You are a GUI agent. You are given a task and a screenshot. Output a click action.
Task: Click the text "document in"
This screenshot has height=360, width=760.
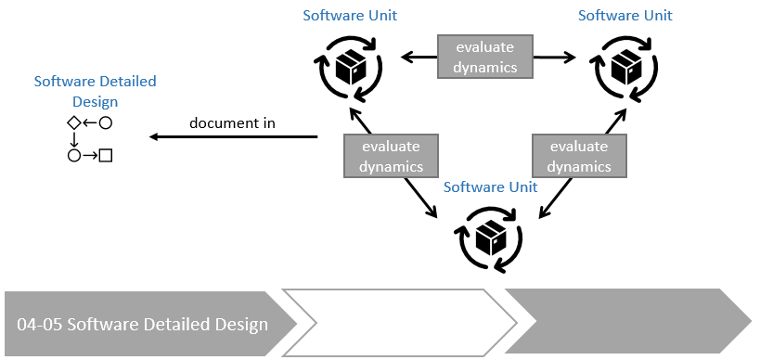[x=232, y=122]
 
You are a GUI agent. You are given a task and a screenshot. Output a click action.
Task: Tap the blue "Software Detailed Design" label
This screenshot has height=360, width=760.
[x=95, y=91]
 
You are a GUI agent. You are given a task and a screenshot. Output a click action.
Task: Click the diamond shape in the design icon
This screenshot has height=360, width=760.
[x=73, y=122]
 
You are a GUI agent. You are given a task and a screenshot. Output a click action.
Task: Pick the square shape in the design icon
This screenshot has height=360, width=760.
[x=106, y=155]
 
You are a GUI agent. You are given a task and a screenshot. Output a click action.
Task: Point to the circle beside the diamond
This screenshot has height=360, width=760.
[x=106, y=122]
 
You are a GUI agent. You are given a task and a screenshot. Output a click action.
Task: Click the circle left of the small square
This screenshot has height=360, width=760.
[x=73, y=155]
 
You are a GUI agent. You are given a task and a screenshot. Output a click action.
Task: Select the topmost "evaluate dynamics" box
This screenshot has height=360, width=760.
[x=485, y=57]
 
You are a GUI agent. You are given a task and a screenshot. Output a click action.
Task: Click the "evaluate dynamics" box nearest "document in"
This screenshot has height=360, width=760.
[x=391, y=156]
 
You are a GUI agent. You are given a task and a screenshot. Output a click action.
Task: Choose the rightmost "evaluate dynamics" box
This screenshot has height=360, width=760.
[x=579, y=156]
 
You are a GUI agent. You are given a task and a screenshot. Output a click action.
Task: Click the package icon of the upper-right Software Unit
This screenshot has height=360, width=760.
[x=624, y=65]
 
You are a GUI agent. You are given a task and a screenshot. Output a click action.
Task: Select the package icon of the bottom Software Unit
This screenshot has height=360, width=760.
[x=489, y=238]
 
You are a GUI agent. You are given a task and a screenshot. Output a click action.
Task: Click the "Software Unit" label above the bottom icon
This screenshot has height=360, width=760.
[x=489, y=187]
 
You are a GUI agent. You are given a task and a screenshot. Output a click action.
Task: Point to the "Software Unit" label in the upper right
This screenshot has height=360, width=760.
[x=625, y=15]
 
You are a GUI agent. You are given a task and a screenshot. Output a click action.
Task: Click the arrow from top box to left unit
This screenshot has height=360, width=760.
[x=418, y=58]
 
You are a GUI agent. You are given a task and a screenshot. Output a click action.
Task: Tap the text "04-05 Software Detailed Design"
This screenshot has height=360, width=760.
[x=142, y=324]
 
